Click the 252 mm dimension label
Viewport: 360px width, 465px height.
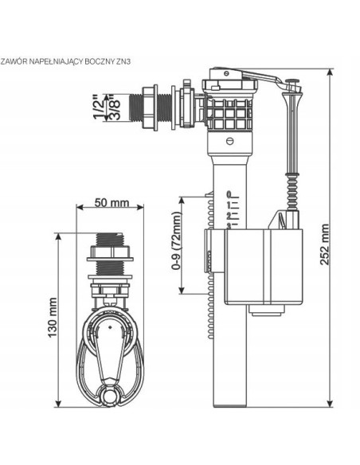point(324,244)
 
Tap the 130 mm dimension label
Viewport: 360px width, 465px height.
point(53,318)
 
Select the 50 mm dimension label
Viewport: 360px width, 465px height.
point(112,203)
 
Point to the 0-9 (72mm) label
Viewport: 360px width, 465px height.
point(176,240)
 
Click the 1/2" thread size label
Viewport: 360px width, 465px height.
point(100,107)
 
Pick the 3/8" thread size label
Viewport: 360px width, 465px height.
point(115,107)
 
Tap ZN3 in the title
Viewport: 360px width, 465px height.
point(123,61)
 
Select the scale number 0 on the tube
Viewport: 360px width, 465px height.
point(229,194)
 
